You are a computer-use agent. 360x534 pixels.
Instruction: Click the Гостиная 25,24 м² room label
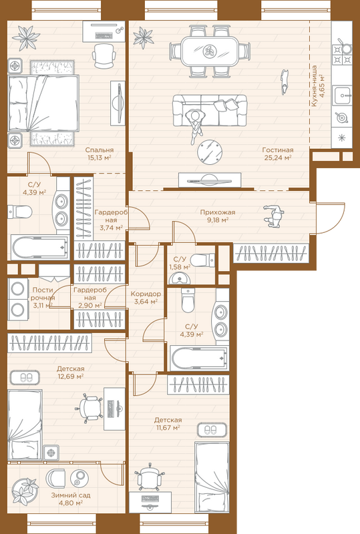(278, 154)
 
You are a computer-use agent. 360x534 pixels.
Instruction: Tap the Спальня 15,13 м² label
(100, 154)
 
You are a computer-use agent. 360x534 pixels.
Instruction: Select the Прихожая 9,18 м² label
(218, 216)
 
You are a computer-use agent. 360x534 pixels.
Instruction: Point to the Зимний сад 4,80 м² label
(71, 499)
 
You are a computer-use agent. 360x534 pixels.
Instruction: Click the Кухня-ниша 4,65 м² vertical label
(318, 86)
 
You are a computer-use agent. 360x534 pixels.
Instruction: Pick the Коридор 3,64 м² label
(146, 297)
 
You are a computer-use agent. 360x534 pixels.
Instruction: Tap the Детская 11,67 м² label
(168, 424)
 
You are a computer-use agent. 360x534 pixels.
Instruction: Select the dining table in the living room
(209, 52)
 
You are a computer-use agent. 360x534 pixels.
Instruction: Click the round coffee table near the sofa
(210, 152)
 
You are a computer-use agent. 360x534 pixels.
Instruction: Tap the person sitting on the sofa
(194, 124)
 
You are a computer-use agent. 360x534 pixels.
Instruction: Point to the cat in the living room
(285, 81)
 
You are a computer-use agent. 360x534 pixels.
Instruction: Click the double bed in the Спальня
(43, 103)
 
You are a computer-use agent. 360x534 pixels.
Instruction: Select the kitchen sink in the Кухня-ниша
(342, 95)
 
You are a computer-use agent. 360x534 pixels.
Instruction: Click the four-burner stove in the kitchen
(342, 55)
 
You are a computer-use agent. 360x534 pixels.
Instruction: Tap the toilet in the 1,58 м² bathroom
(202, 260)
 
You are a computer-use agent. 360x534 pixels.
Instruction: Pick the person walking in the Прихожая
(273, 216)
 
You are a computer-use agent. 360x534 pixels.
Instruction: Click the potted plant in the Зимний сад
(25, 491)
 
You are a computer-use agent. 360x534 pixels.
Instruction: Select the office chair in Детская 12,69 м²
(90, 408)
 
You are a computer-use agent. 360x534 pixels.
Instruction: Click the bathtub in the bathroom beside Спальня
(40, 247)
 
